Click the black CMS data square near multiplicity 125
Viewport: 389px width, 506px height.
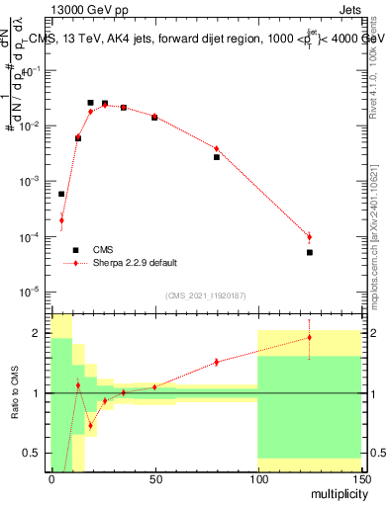click(x=310, y=253)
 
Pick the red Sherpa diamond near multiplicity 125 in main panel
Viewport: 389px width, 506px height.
click(x=310, y=237)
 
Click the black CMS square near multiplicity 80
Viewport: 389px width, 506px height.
click(x=217, y=157)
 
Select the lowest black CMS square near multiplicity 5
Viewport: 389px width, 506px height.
click(x=61, y=194)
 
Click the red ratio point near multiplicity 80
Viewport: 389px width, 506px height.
click(x=217, y=362)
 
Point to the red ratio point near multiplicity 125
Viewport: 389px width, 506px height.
click(x=310, y=337)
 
